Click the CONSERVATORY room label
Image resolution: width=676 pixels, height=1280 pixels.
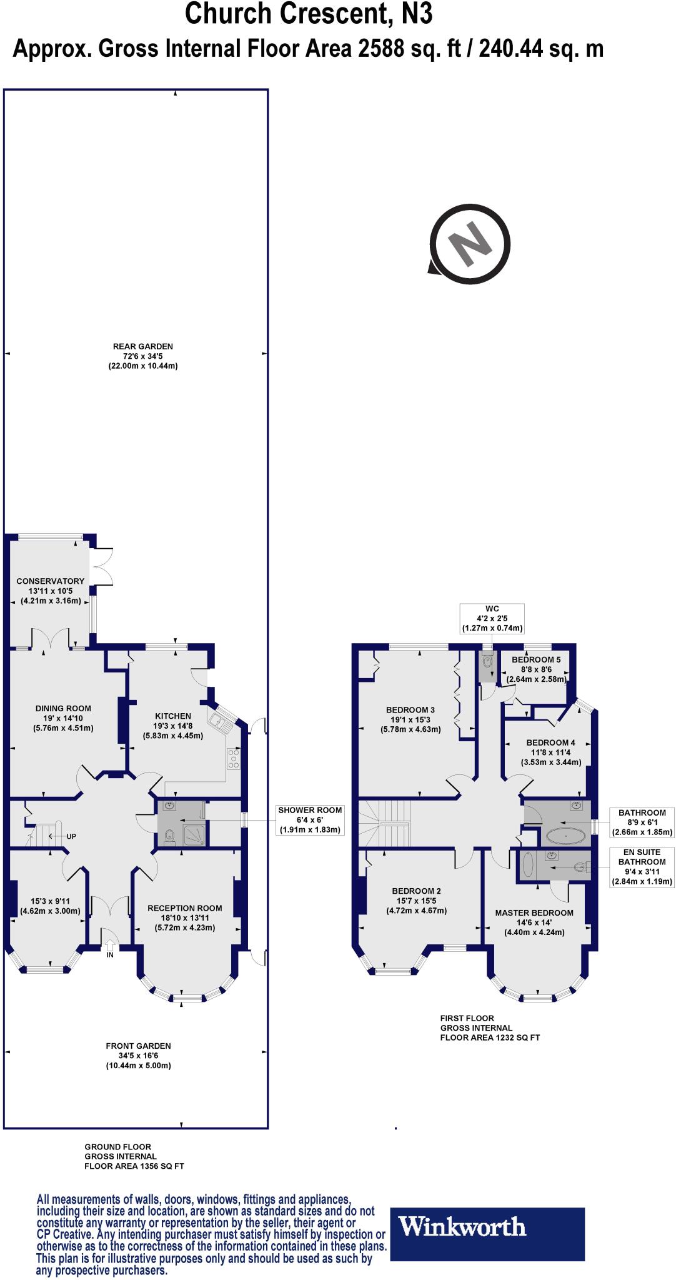[50, 581]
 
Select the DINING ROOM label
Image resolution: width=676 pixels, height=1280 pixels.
[62, 708]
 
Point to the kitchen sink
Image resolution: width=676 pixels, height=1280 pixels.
[221, 722]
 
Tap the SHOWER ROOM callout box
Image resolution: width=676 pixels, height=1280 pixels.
[309, 819]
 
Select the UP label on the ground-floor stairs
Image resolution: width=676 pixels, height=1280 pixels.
[71, 836]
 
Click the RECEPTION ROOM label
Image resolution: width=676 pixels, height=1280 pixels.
[184, 908]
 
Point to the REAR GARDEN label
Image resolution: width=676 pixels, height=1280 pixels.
[142, 346]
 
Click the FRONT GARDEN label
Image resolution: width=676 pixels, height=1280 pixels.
[138, 1046]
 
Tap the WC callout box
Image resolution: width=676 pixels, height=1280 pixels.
[492, 619]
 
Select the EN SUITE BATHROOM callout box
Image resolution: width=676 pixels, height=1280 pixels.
[642, 866]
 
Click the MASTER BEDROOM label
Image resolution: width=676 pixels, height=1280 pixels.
[534, 912]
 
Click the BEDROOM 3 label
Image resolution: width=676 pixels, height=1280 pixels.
[410, 709]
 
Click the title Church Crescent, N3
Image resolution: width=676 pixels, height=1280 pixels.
[309, 14]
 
